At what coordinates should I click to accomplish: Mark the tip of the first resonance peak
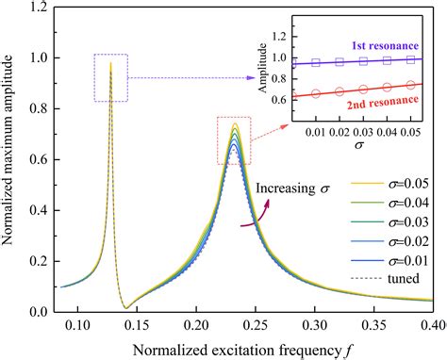click(111, 63)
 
